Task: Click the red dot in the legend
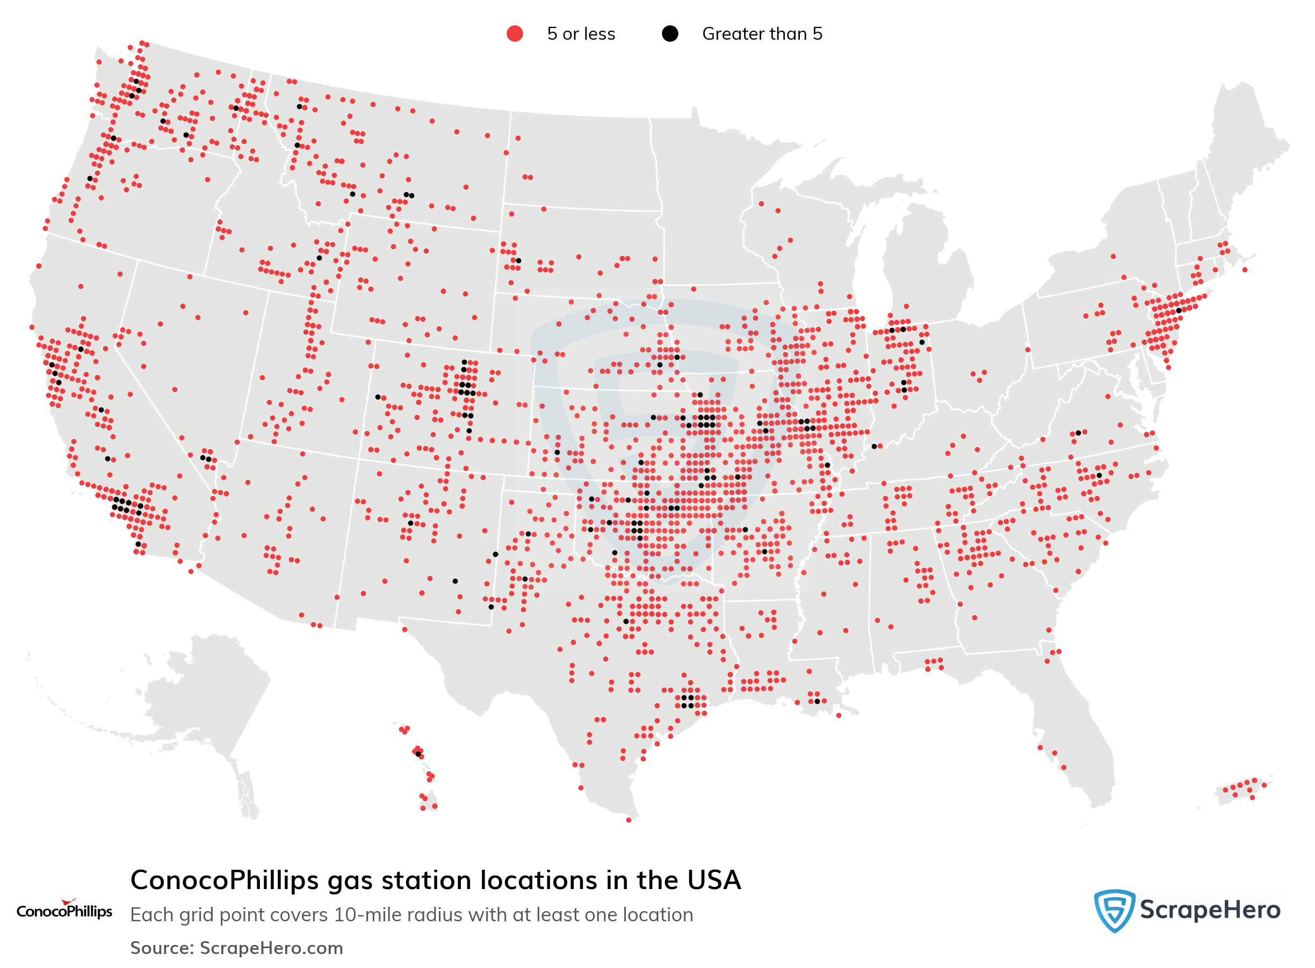coord(514,34)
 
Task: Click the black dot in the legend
coord(669,34)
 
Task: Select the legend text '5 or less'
coord(580,34)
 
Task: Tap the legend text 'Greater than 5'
coord(762,34)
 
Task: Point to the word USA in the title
coord(713,880)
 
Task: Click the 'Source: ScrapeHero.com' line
coord(236,948)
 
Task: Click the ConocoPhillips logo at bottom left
coord(64,910)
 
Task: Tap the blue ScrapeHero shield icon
coord(1114,910)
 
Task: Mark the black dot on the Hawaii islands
coord(417,754)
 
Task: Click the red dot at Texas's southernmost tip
coord(628,820)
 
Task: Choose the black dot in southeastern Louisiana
coord(817,701)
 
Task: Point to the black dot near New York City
coord(1179,310)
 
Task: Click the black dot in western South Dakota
coord(518,261)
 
